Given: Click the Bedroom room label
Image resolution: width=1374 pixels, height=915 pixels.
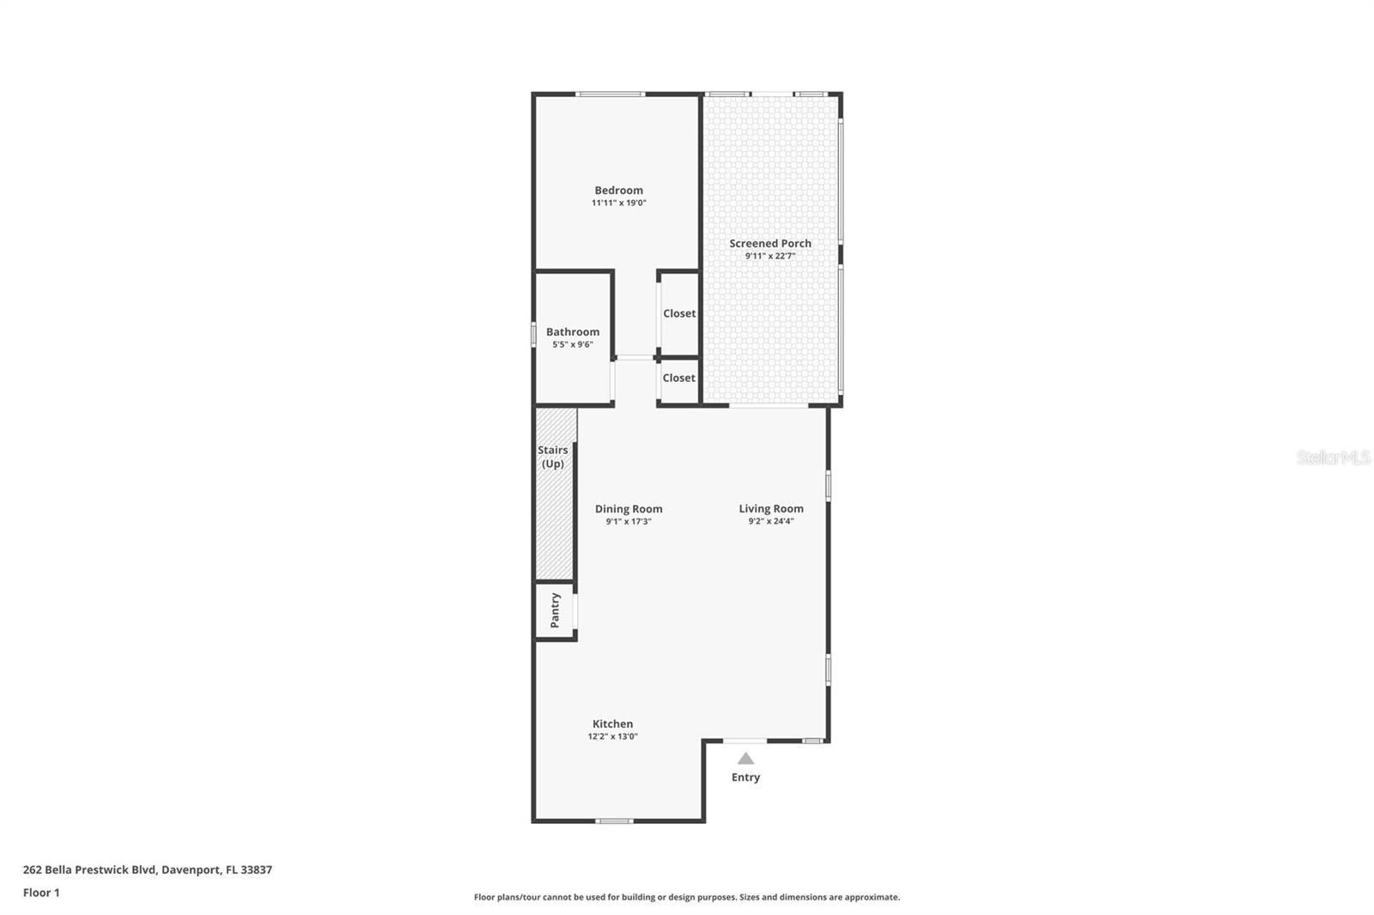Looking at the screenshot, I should point(618,191).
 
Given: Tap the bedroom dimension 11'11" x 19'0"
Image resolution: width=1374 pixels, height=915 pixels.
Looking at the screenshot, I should point(618,203).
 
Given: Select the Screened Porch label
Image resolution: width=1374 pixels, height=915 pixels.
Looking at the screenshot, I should point(770,244).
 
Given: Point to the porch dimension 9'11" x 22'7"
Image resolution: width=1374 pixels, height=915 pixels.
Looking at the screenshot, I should point(770,256).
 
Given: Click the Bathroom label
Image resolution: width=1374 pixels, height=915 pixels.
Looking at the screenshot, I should point(573,332).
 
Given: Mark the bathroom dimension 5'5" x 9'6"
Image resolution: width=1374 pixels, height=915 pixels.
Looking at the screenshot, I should point(573,344).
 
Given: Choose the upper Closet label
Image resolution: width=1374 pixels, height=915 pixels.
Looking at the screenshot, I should point(679,313).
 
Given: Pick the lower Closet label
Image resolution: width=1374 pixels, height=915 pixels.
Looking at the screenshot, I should point(678,378).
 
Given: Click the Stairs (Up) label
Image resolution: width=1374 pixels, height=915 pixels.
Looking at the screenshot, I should point(553,457).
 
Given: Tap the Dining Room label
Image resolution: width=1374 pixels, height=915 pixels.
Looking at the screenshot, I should point(629,509).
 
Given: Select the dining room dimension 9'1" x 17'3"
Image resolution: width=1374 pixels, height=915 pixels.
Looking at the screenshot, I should point(629,521).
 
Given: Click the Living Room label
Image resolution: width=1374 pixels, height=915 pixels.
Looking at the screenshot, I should point(771,509).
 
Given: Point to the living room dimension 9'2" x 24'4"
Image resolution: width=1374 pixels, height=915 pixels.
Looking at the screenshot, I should point(771,521).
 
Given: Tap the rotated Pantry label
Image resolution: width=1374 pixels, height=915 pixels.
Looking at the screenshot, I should point(555,610).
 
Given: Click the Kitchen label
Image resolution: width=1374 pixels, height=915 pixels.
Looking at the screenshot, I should point(612,724).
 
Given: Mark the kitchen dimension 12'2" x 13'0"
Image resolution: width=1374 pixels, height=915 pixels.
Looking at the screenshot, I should point(612,736).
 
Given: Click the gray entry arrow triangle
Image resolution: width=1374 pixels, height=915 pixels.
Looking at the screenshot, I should point(745,759).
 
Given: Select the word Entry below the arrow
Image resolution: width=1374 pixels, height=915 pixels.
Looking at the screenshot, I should point(745,778).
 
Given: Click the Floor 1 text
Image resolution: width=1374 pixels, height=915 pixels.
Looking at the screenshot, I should point(41,893).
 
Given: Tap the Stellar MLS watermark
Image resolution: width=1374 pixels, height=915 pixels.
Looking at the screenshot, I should point(1333,457).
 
